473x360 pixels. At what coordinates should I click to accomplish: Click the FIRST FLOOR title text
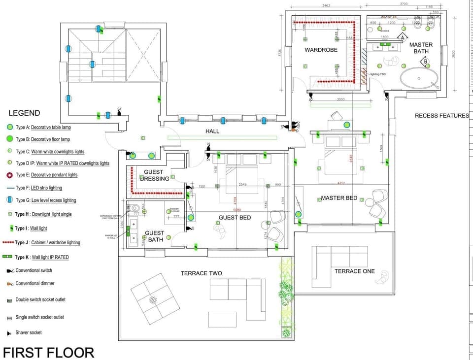(x=48, y=352)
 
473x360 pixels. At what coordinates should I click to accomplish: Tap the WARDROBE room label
(x=321, y=50)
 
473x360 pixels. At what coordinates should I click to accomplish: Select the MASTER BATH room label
(x=421, y=48)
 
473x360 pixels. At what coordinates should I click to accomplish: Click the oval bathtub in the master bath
(x=419, y=79)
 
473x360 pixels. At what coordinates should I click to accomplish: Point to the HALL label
(x=212, y=131)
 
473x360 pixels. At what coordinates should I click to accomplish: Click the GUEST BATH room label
(x=154, y=236)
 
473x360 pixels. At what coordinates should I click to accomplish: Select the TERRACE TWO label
(x=201, y=273)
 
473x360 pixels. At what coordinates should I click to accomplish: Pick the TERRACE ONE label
(x=354, y=271)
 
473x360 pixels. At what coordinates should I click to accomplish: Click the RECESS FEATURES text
(x=441, y=116)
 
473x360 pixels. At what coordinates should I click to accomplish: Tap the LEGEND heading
(x=24, y=113)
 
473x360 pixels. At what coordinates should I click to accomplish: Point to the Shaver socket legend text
(x=29, y=332)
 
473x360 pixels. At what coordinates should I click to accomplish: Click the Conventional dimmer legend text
(x=35, y=283)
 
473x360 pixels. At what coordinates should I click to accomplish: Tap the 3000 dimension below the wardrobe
(x=340, y=99)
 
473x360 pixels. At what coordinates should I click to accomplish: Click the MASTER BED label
(x=339, y=198)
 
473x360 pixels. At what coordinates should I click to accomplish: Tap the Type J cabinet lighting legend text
(x=47, y=242)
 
